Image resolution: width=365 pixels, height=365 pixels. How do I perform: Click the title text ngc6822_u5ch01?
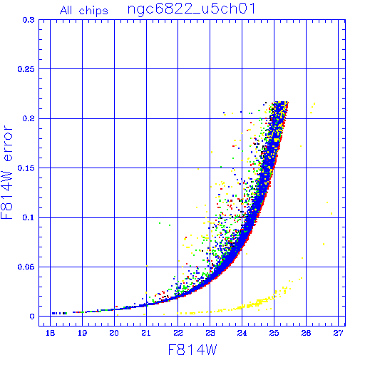tap(192, 9)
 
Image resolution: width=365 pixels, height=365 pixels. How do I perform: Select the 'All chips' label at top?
tap(84, 11)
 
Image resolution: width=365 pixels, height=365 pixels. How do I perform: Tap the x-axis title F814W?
tap(192, 350)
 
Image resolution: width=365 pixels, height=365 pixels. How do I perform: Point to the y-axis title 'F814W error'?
tap(6, 173)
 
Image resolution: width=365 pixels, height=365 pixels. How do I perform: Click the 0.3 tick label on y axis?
tap(29, 20)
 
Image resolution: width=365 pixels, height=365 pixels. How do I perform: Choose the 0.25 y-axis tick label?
tap(26, 69)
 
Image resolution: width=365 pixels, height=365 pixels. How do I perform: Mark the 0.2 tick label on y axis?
tap(29, 118)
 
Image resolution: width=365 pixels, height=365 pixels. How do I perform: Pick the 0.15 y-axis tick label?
tap(26, 168)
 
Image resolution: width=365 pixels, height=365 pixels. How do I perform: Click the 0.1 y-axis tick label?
tap(29, 217)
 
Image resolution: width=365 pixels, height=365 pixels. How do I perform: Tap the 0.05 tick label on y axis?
tap(26, 267)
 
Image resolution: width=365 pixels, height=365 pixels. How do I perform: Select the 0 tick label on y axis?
tap(32, 317)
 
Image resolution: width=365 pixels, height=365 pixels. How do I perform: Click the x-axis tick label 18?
tap(51, 333)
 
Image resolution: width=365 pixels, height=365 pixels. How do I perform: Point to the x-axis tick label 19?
tap(83, 333)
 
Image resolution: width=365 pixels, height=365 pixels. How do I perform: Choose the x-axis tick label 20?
tap(114, 333)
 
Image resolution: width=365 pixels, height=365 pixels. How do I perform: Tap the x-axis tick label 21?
tap(146, 333)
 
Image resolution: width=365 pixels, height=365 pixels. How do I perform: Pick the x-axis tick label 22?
tap(178, 333)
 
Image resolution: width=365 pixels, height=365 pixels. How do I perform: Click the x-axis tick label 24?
tap(242, 333)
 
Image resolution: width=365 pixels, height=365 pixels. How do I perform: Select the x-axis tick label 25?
tap(274, 333)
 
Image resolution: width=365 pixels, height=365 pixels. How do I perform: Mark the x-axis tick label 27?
tap(338, 333)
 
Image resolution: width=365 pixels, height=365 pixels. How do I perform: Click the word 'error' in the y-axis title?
tap(8, 143)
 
